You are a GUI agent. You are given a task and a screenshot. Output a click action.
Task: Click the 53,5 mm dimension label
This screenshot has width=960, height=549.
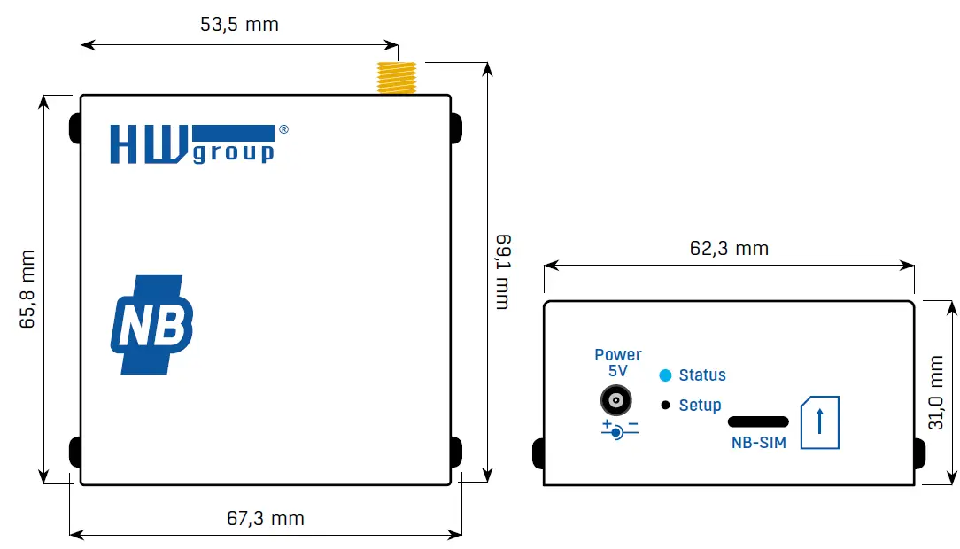(239, 25)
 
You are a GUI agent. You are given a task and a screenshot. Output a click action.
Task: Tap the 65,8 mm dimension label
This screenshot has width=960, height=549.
(27, 290)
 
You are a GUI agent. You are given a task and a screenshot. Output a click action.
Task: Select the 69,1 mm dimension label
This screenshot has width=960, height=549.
(502, 272)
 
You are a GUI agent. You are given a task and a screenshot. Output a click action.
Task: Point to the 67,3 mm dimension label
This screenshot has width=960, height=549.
(265, 518)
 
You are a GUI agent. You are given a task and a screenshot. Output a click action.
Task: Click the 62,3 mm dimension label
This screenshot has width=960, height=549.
(729, 249)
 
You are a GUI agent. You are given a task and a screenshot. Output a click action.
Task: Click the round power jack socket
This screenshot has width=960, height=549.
(616, 400)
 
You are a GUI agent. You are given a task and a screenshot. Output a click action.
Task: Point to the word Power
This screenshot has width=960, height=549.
(618, 355)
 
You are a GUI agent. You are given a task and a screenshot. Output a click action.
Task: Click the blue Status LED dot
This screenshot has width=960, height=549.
(665, 375)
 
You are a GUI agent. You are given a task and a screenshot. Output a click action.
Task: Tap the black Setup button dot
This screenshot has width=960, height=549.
(665, 406)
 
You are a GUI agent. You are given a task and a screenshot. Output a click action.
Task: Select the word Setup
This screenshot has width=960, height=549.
(700, 406)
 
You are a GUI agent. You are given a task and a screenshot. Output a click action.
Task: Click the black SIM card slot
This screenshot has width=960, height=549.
(757, 421)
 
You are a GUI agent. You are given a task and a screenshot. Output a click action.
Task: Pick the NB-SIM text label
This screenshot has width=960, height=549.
(758, 443)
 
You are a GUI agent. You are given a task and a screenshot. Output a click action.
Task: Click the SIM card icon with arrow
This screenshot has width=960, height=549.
(819, 422)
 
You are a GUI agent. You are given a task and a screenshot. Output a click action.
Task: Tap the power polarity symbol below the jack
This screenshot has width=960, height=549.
(619, 429)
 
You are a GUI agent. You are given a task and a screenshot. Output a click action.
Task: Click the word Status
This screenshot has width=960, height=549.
(702, 375)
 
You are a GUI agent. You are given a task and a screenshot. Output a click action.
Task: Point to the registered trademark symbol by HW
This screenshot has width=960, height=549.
(283, 129)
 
